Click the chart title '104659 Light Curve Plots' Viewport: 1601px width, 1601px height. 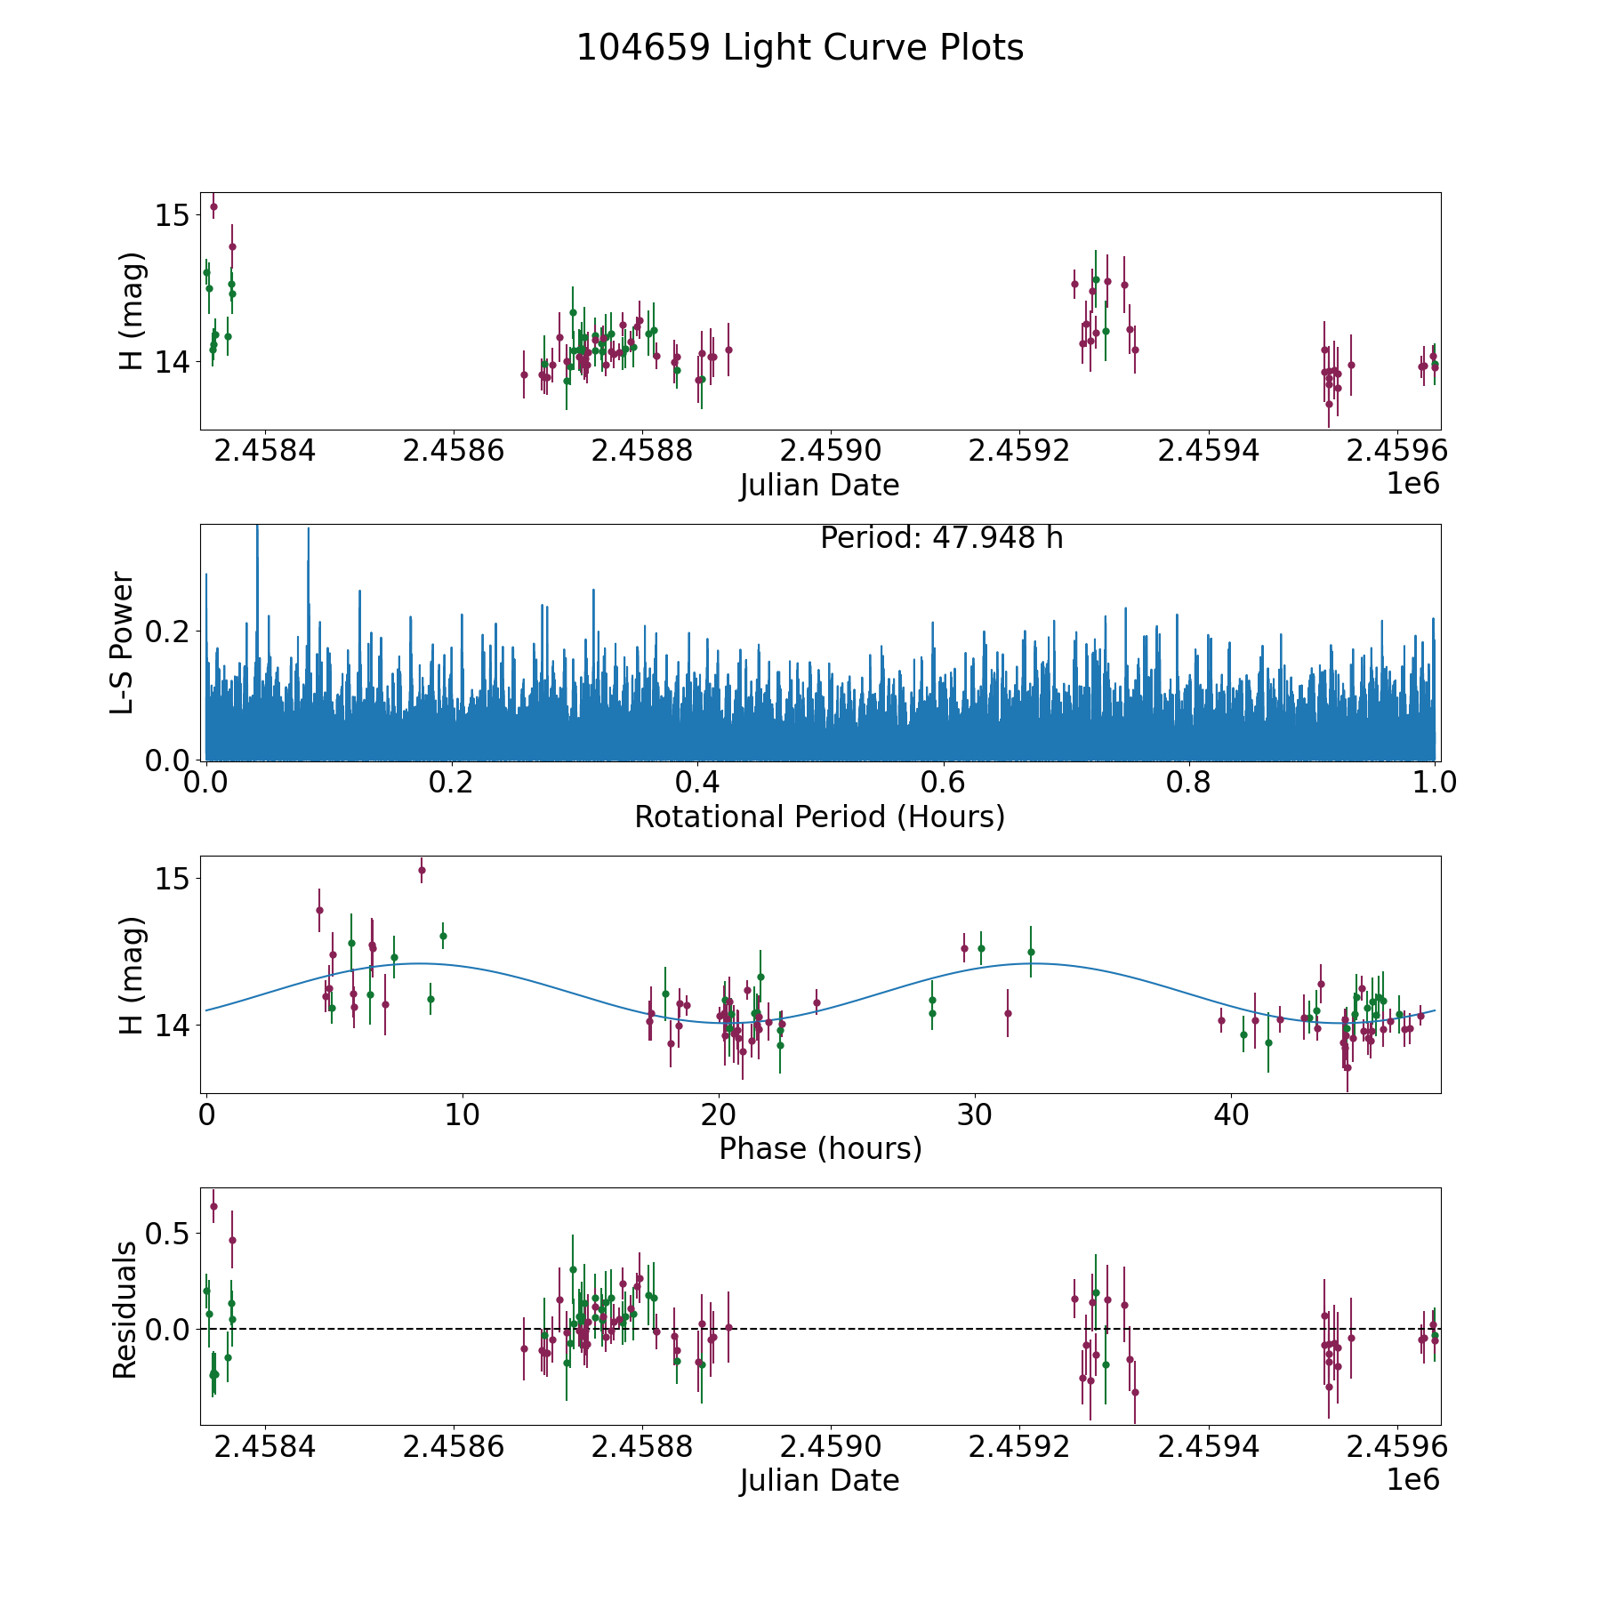pos(800,48)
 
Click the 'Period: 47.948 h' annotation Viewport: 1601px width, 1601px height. pos(941,538)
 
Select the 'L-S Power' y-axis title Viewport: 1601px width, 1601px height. pos(123,642)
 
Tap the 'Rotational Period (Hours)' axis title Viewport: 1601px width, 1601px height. pos(819,817)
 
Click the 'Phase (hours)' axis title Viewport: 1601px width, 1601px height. pos(820,1148)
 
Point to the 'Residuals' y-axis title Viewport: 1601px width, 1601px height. pos(125,1310)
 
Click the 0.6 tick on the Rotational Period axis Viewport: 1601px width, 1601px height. pos(943,783)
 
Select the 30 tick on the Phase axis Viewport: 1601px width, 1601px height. pos(976,1114)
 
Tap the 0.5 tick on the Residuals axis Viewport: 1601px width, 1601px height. pos(169,1234)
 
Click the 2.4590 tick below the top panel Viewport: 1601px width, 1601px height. pos(830,451)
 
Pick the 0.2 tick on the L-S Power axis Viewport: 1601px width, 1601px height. pos(169,632)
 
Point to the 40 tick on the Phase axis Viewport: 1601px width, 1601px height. pos(1232,1114)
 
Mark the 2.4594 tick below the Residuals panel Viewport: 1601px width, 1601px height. pos(1208,1447)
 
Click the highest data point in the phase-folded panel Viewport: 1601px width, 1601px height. pos(422,870)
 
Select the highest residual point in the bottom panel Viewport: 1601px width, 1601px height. pos(213,1207)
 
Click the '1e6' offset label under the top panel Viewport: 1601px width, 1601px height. pos(1412,484)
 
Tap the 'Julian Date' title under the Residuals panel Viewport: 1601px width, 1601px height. pos(819,1481)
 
